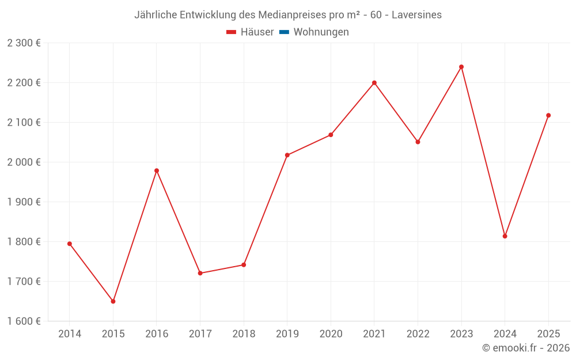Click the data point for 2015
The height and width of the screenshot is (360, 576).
[113, 301]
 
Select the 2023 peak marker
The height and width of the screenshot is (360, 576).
[461, 67]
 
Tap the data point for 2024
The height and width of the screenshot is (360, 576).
[505, 236]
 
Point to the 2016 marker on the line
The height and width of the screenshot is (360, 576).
[157, 170]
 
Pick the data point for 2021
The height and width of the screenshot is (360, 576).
[374, 83]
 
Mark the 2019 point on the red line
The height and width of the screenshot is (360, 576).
[287, 155]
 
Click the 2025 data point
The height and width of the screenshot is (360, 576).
[548, 115]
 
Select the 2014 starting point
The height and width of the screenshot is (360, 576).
[70, 244]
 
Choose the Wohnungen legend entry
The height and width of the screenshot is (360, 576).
[321, 32]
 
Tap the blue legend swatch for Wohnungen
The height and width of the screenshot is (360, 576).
[284, 32]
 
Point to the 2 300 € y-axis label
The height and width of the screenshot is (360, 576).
[24, 43]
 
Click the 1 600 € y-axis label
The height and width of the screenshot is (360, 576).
[24, 321]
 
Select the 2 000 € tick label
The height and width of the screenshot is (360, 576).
[24, 162]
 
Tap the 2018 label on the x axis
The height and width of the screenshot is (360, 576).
[244, 334]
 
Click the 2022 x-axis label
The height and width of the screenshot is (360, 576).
[418, 334]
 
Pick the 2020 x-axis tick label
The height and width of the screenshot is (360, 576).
[331, 334]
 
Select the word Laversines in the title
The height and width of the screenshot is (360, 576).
[416, 15]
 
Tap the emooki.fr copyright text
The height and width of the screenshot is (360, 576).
[526, 348]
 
